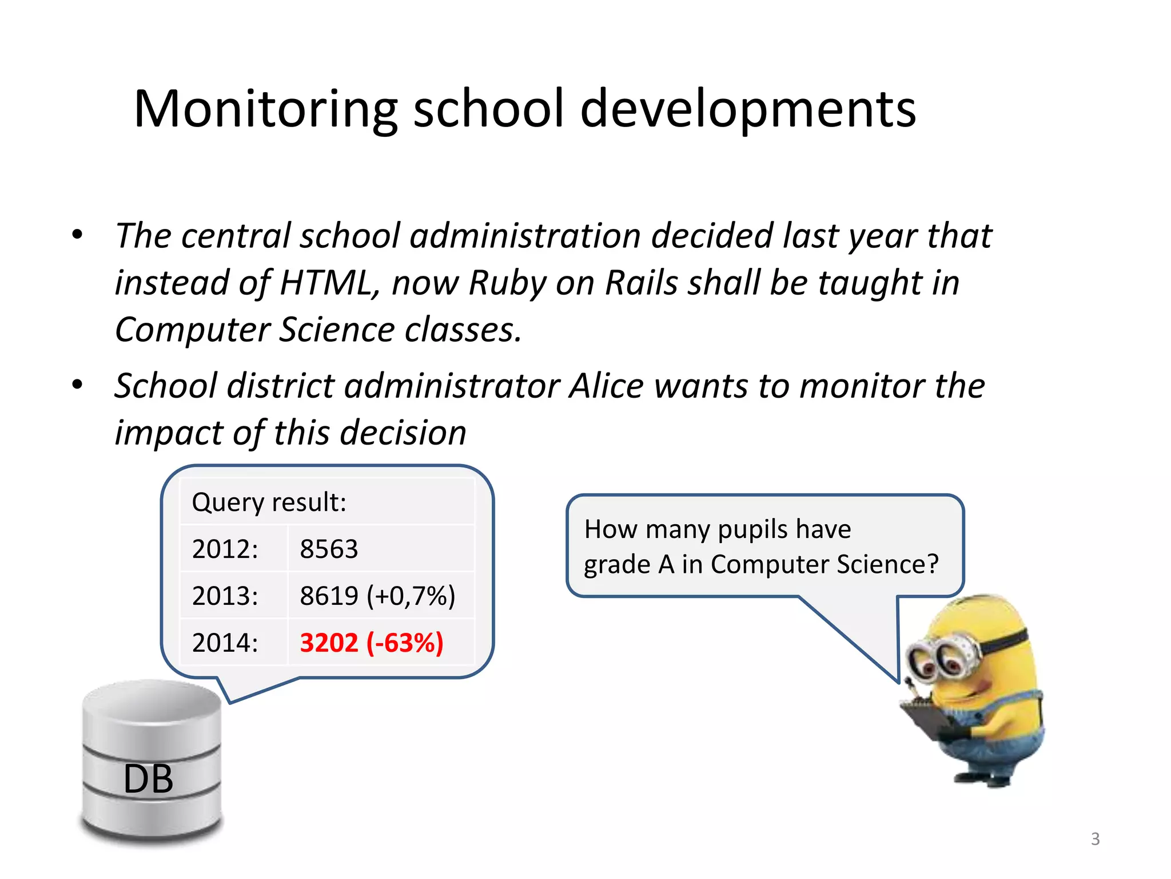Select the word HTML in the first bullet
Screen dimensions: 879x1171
325,283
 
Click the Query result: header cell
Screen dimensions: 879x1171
269,502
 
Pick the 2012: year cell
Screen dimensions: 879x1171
225,549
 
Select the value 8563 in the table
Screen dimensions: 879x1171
329,549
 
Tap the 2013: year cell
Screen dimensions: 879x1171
225,596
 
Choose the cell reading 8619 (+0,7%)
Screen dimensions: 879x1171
377,596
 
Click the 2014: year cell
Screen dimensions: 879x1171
225,643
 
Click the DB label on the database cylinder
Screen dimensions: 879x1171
148,779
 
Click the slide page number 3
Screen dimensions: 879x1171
1095,839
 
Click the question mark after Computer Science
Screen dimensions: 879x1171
933,564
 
